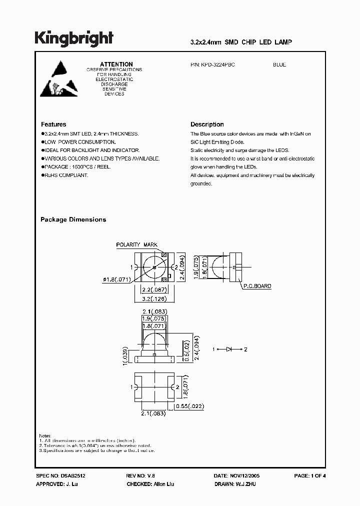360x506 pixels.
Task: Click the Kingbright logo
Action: point(73,38)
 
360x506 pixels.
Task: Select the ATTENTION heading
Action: point(116,64)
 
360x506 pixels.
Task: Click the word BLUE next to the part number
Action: point(279,65)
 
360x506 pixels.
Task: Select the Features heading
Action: point(53,124)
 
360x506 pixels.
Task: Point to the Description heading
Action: point(207,124)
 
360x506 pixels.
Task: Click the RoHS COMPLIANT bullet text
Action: point(65,175)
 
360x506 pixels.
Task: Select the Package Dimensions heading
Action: point(73,219)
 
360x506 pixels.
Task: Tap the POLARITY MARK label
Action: point(136,245)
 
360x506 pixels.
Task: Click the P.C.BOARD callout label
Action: point(257,286)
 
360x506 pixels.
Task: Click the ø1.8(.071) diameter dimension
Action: point(118,280)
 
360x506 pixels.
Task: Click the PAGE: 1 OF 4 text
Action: point(310,475)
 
